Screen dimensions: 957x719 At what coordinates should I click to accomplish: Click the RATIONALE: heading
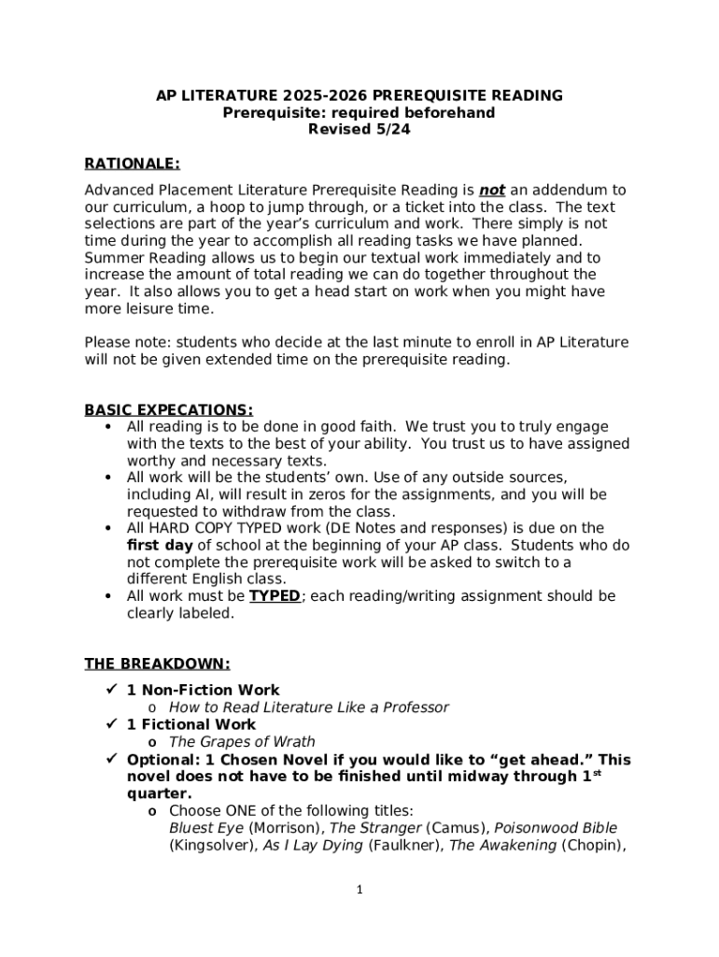(x=132, y=164)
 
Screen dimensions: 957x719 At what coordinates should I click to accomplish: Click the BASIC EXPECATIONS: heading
(x=168, y=410)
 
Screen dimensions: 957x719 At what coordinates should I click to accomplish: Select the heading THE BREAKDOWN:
(x=157, y=664)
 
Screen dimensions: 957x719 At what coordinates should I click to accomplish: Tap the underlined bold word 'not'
(x=492, y=190)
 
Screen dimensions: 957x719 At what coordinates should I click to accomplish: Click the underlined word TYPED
(x=275, y=596)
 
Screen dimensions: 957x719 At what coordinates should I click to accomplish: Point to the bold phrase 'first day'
(x=160, y=545)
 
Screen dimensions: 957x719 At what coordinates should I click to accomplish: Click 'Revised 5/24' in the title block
(x=359, y=130)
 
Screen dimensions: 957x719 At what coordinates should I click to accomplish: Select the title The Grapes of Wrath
(x=242, y=742)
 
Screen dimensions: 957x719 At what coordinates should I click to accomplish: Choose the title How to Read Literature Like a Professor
(x=308, y=707)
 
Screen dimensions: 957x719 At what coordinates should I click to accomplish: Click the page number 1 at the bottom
(x=359, y=891)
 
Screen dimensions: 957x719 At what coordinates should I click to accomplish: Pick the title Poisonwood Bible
(x=556, y=828)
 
